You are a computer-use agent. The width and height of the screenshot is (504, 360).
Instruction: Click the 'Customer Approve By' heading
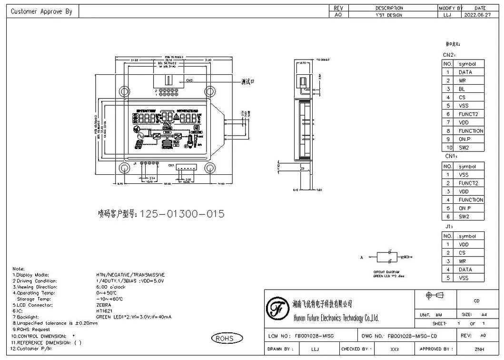coord(41,11)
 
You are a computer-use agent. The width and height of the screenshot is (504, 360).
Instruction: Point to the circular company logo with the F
coord(277,310)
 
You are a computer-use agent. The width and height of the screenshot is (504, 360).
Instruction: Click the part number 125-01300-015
coord(182,214)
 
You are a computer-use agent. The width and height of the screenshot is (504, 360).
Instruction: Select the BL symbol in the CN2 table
coord(462,89)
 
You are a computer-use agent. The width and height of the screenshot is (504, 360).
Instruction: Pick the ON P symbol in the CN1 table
coord(465,208)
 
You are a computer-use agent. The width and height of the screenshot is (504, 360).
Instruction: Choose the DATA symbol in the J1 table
coord(465,270)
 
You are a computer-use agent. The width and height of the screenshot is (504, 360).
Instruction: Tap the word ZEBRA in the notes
coord(103,305)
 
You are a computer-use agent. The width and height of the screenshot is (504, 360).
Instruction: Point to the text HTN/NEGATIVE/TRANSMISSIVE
coord(130,275)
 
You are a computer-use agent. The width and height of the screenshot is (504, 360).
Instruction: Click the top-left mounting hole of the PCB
coord(124,91)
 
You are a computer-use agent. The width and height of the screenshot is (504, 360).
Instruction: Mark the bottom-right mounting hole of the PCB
coord(209,168)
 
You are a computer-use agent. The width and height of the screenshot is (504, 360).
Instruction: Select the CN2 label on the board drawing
coord(189,80)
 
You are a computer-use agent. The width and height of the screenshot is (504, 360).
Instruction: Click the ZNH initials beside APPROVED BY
coord(479,350)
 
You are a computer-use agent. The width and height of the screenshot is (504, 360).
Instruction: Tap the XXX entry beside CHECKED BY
coord(395,350)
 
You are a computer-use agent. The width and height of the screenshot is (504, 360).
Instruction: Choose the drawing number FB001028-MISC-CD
coord(412,336)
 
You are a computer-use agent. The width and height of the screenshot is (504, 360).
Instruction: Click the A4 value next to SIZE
coord(484,315)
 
